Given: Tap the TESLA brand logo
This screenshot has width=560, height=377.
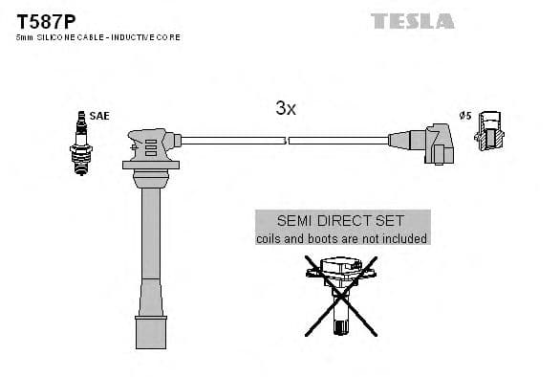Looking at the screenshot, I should point(412,20).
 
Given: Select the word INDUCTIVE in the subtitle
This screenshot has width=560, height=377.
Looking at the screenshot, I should point(135,36).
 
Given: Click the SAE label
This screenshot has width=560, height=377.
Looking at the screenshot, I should point(100,116).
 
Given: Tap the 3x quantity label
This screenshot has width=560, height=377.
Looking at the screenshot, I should point(285,109).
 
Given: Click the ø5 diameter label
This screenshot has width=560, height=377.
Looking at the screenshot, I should point(465,116).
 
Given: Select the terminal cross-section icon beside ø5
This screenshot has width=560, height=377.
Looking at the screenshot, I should point(489,132).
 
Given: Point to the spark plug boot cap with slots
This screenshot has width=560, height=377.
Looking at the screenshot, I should point(151,147).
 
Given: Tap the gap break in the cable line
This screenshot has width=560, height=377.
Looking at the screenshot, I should point(287,141).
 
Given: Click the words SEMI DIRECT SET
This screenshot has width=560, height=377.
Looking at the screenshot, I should point(341,220).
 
